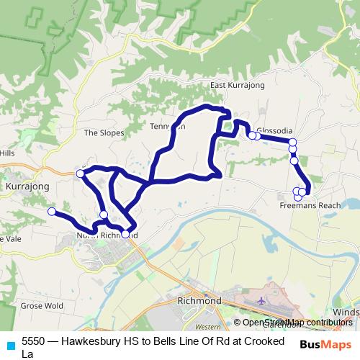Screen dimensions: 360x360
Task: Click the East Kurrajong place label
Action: pyautogui.click(x=238, y=86)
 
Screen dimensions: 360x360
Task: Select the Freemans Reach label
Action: pyautogui.click(x=310, y=205)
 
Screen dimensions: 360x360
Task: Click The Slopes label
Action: pyautogui.click(x=104, y=132)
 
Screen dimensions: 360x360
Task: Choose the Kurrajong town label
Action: pyautogui.click(x=27, y=186)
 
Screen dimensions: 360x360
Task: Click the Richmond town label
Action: pyautogui.click(x=199, y=300)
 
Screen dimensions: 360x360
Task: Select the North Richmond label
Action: pyautogui.click(x=97, y=235)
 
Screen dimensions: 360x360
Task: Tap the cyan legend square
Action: pyautogui.click(x=10, y=345)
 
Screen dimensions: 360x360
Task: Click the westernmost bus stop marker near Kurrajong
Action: pyautogui.click(x=51, y=211)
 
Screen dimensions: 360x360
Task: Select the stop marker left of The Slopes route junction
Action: pyautogui.click(x=80, y=174)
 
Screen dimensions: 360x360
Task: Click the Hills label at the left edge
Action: pyautogui.click(x=7, y=153)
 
